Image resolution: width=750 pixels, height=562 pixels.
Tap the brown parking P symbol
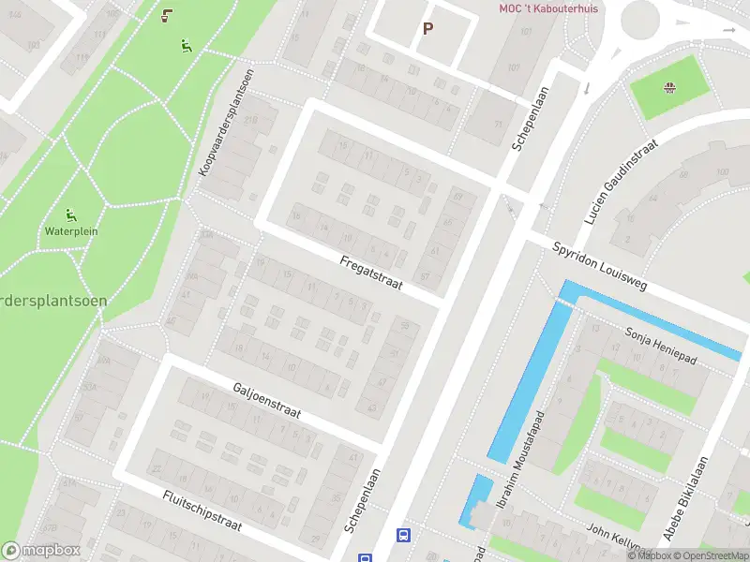427,28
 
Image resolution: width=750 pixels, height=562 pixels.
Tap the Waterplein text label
71,230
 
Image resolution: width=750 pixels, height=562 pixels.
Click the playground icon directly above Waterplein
71,214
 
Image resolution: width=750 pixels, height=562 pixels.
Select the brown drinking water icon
167,15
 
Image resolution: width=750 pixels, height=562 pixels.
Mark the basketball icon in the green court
669,89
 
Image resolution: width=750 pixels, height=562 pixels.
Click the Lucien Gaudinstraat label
621,184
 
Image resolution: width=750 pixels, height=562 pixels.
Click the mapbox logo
40,550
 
